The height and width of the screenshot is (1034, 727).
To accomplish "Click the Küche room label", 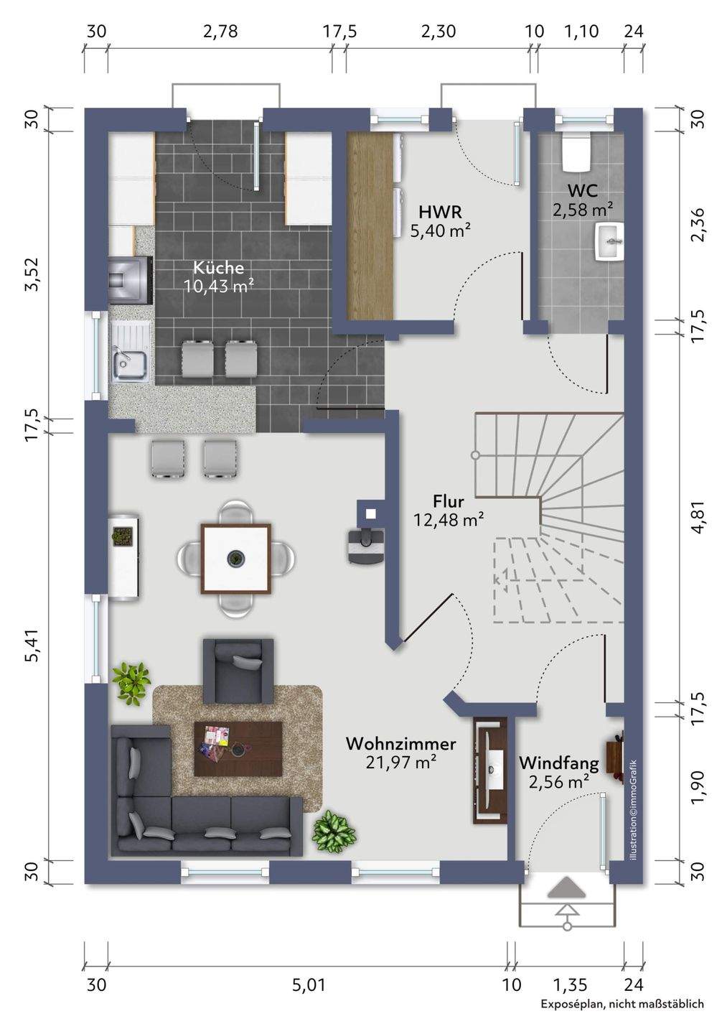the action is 218,267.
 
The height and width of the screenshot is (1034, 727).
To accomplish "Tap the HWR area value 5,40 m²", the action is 441,230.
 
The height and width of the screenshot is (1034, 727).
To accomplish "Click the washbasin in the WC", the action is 611,241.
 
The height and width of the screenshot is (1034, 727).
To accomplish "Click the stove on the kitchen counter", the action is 131,280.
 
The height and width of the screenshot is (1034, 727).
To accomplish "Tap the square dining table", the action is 235,559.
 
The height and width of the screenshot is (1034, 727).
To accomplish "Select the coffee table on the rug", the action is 238,749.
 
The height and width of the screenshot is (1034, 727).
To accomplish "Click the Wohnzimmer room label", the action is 401,744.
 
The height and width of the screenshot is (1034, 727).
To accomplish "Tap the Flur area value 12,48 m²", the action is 449,520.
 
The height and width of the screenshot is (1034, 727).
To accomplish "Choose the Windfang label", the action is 558,763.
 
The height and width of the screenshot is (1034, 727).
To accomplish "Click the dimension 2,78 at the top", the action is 220,32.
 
